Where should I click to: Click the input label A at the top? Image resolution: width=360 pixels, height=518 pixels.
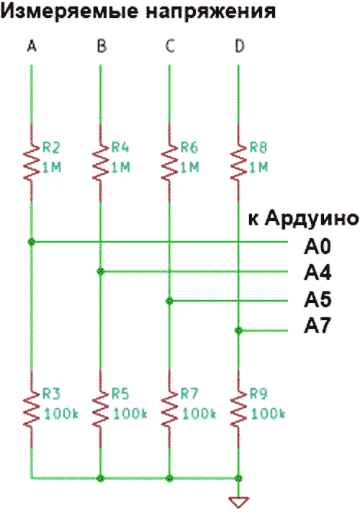(32, 46)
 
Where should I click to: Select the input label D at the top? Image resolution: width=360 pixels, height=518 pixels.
(239, 46)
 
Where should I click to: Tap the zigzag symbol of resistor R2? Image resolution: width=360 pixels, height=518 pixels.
(32, 163)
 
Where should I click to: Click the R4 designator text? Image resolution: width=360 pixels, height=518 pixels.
(120, 147)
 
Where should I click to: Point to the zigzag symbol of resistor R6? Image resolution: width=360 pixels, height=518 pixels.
(170, 163)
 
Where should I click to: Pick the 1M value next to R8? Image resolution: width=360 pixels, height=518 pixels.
(258, 168)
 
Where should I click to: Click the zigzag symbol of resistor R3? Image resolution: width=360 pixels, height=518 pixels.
(32, 409)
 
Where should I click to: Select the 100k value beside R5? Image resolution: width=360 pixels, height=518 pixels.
(130, 414)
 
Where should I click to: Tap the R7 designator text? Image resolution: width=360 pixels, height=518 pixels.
(189, 394)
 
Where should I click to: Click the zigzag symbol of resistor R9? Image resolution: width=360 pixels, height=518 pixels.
(238, 409)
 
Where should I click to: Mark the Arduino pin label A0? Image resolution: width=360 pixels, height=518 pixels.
(318, 247)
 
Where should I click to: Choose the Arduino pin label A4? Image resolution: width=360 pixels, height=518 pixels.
(318, 273)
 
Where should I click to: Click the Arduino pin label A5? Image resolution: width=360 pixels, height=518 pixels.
(318, 299)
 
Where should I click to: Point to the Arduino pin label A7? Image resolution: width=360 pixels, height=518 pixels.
(318, 326)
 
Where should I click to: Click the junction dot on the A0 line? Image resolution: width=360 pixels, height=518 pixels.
(32, 242)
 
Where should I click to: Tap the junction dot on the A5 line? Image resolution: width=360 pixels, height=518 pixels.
(170, 301)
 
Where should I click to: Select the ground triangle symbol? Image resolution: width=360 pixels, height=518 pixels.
(238, 502)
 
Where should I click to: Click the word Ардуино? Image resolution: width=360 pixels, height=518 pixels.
(312, 219)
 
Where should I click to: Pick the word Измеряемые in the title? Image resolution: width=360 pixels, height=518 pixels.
(69, 12)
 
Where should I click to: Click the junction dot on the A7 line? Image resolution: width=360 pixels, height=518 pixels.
(238, 330)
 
